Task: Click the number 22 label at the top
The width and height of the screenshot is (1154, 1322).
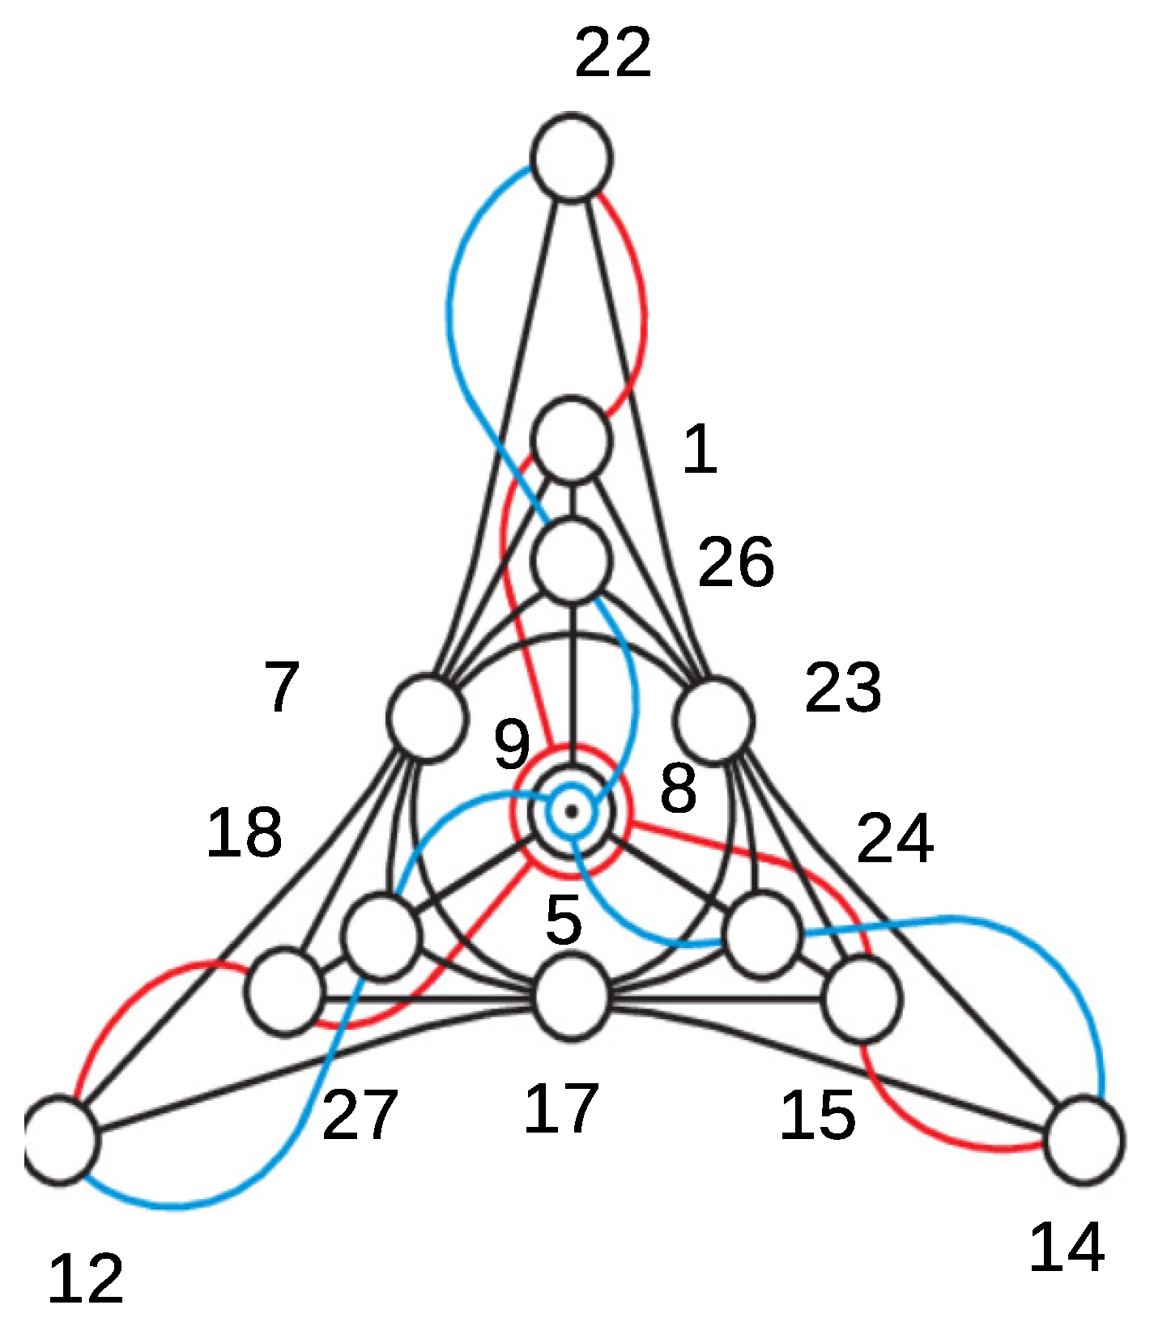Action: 613,53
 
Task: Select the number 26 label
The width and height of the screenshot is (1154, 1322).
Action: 735,562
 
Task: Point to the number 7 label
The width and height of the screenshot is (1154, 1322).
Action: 282,687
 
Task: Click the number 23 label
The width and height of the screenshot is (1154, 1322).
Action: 842,688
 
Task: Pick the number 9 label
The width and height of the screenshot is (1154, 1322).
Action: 512,743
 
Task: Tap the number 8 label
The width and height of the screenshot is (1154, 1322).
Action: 678,788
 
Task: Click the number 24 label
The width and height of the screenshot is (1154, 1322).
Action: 895,839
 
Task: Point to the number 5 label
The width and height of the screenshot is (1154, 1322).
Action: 564,920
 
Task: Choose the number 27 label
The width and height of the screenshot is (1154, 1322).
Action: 360,1115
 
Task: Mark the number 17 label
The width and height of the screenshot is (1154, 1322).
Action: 561,1108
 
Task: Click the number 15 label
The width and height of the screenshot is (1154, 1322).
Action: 817,1115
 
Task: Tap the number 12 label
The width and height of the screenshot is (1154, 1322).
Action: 86,1279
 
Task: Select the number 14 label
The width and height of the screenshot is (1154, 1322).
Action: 1067,1248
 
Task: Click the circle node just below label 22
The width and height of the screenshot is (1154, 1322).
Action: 572,156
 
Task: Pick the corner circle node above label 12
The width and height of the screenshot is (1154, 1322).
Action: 61,1139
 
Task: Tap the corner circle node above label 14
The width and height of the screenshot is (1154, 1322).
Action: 1084,1139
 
